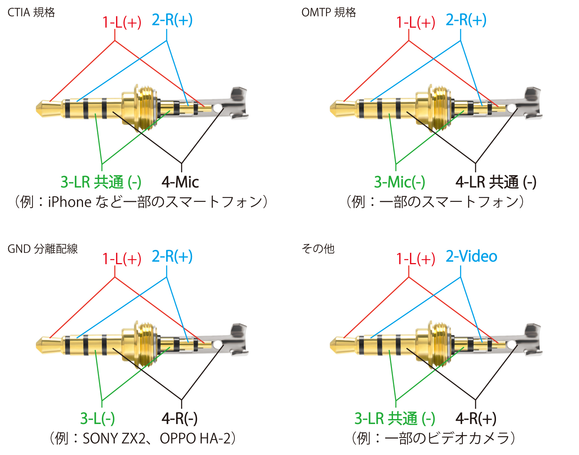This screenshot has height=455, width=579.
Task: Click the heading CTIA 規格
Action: click(31, 12)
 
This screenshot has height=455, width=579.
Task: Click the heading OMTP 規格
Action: click(329, 12)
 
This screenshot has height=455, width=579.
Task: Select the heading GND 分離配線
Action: click(42, 249)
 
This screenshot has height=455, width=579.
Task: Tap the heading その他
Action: click(318, 249)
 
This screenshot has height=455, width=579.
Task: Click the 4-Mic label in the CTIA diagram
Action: click(180, 182)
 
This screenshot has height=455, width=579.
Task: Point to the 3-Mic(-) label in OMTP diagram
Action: click(399, 182)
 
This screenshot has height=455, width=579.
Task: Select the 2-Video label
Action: click(471, 256)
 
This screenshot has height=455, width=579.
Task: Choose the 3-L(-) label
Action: click(97, 418)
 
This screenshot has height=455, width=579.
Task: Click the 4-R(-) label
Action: click(180, 418)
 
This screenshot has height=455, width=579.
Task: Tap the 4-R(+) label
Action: click(476, 418)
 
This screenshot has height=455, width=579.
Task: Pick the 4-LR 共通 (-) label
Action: click(496, 182)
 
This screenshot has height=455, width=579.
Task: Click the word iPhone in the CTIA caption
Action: click(70, 202)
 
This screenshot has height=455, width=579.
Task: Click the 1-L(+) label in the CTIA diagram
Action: click(122, 22)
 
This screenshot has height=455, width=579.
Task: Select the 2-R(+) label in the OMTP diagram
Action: click(466, 20)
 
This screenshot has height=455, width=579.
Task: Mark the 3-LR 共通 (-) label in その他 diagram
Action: click(395, 418)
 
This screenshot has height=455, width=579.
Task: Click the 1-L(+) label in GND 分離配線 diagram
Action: click(122, 259)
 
